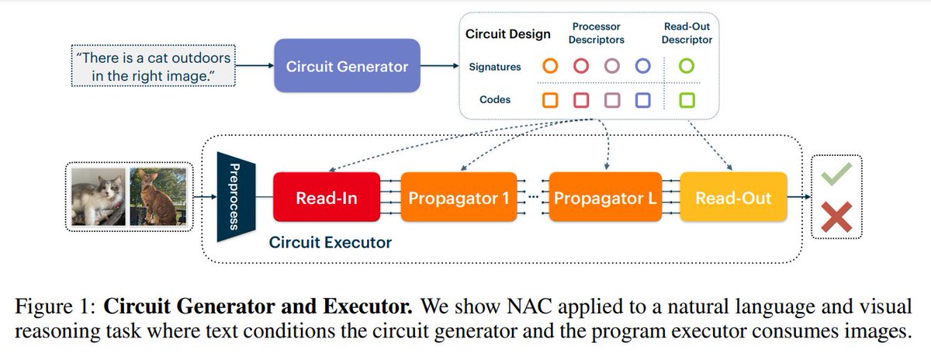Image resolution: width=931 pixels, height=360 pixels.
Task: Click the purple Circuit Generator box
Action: [347, 67]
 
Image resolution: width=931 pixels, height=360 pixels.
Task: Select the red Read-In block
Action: [327, 199]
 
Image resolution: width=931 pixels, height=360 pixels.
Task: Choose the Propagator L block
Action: [604, 199]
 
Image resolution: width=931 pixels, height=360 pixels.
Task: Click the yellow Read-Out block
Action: [733, 199]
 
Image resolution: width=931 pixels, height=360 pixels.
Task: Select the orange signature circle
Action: [550, 67]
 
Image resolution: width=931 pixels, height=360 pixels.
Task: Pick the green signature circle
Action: [686, 67]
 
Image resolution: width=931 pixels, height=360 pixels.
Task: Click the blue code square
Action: [642, 100]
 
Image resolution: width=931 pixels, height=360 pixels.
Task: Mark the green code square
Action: [686, 100]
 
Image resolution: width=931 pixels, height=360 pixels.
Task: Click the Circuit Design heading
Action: [507, 34]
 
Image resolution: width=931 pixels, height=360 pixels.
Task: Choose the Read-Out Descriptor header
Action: [687, 33]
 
